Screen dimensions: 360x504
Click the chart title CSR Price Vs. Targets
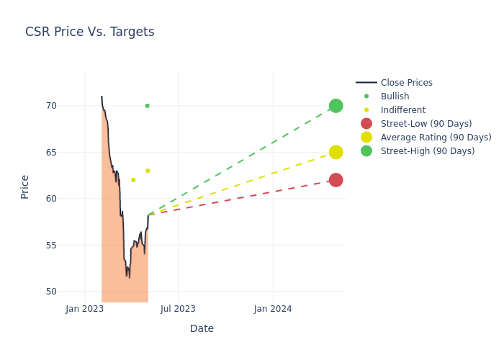pyautogui.click(x=89, y=32)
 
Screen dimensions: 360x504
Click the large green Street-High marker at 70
pyautogui.click(x=336, y=106)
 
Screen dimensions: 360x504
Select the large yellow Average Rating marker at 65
pyautogui.click(x=336, y=152)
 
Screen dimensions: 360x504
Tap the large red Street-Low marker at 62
pyautogui.click(x=336, y=180)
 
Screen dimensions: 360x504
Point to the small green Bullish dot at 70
pyautogui.click(x=147, y=106)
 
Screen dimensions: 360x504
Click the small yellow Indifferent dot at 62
pyautogui.click(x=133, y=180)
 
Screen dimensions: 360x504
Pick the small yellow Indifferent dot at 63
pyautogui.click(x=148, y=171)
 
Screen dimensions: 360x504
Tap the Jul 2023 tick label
pyautogui.click(x=178, y=309)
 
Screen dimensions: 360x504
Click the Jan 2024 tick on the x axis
pyautogui.click(x=273, y=309)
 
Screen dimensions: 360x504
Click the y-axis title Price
pyautogui.click(x=25, y=186)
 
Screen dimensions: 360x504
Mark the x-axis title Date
pyautogui.click(x=202, y=328)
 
